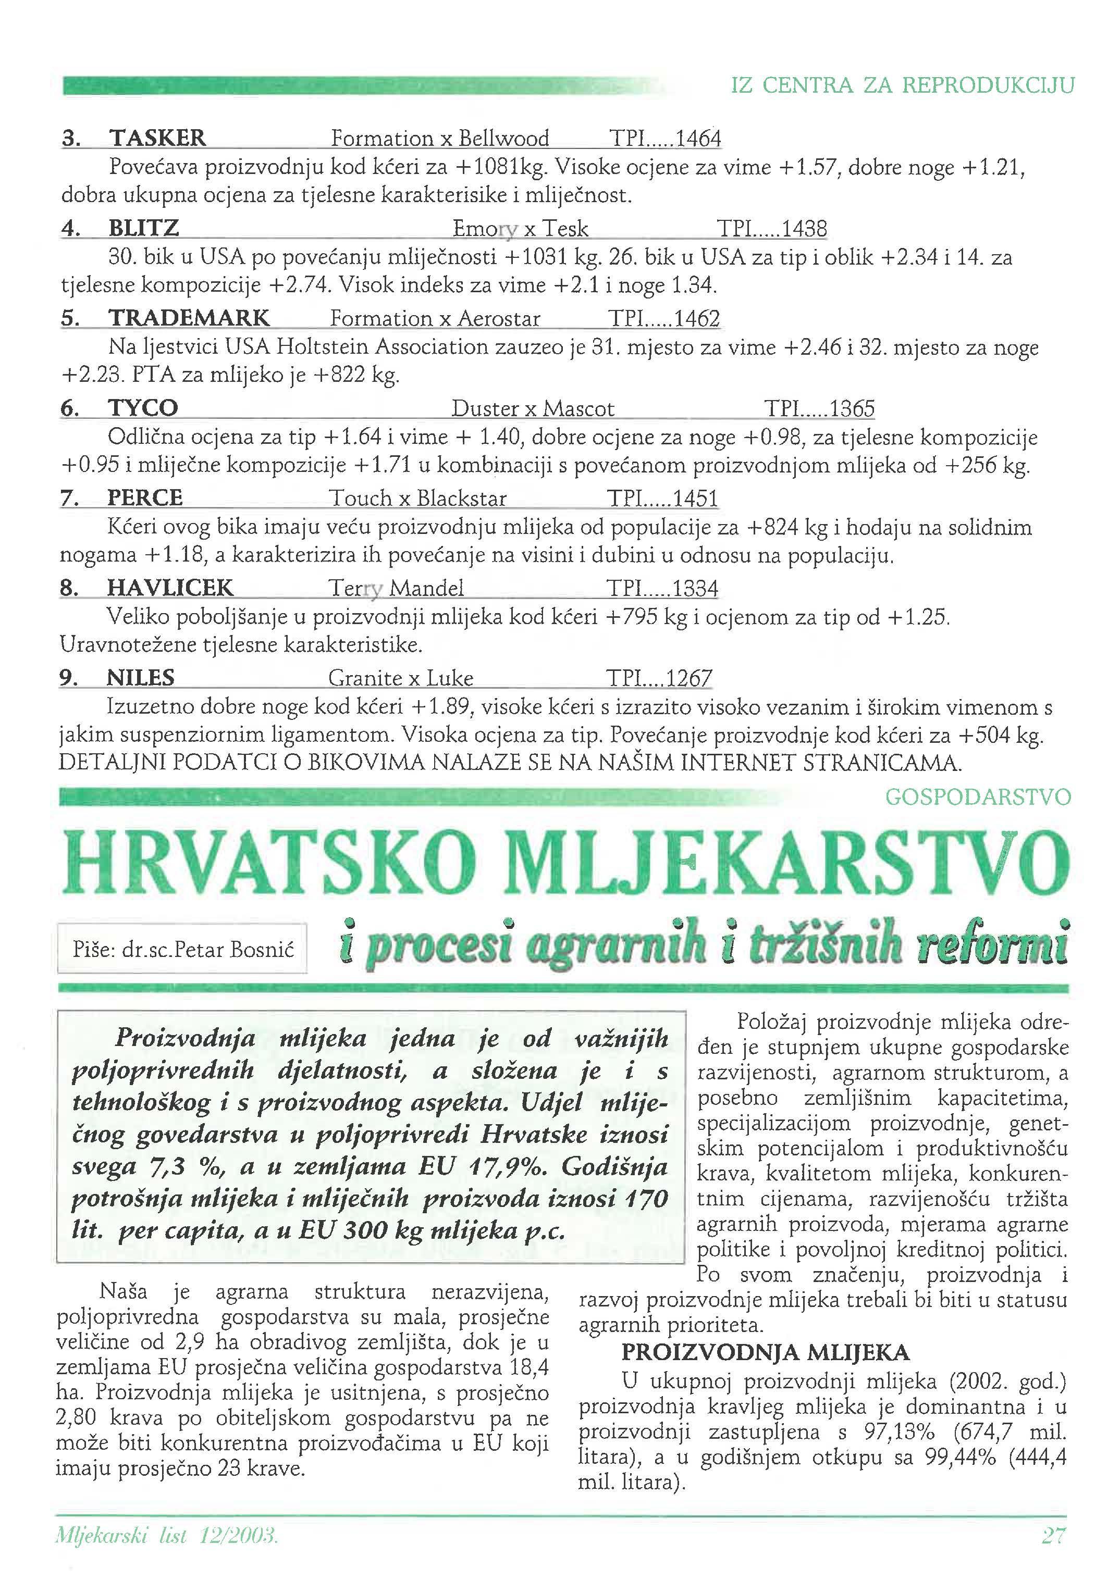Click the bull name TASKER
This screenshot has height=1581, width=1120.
click(157, 138)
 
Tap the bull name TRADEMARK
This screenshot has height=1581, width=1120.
click(189, 318)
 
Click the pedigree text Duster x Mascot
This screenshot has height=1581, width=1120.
click(533, 409)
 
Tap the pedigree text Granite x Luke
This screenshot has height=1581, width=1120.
click(400, 678)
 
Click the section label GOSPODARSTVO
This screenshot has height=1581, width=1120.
click(977, 798)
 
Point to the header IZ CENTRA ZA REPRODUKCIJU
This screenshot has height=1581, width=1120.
click(902, 85)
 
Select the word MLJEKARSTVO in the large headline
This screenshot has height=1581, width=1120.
click(786, 864)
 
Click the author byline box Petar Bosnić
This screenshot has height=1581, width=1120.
click(183, 949)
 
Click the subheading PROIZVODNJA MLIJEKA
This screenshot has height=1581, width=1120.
click(765, 1352)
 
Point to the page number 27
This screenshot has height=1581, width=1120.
click(1053, 1536)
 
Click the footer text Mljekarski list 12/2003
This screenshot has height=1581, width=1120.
click(166, 1536)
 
